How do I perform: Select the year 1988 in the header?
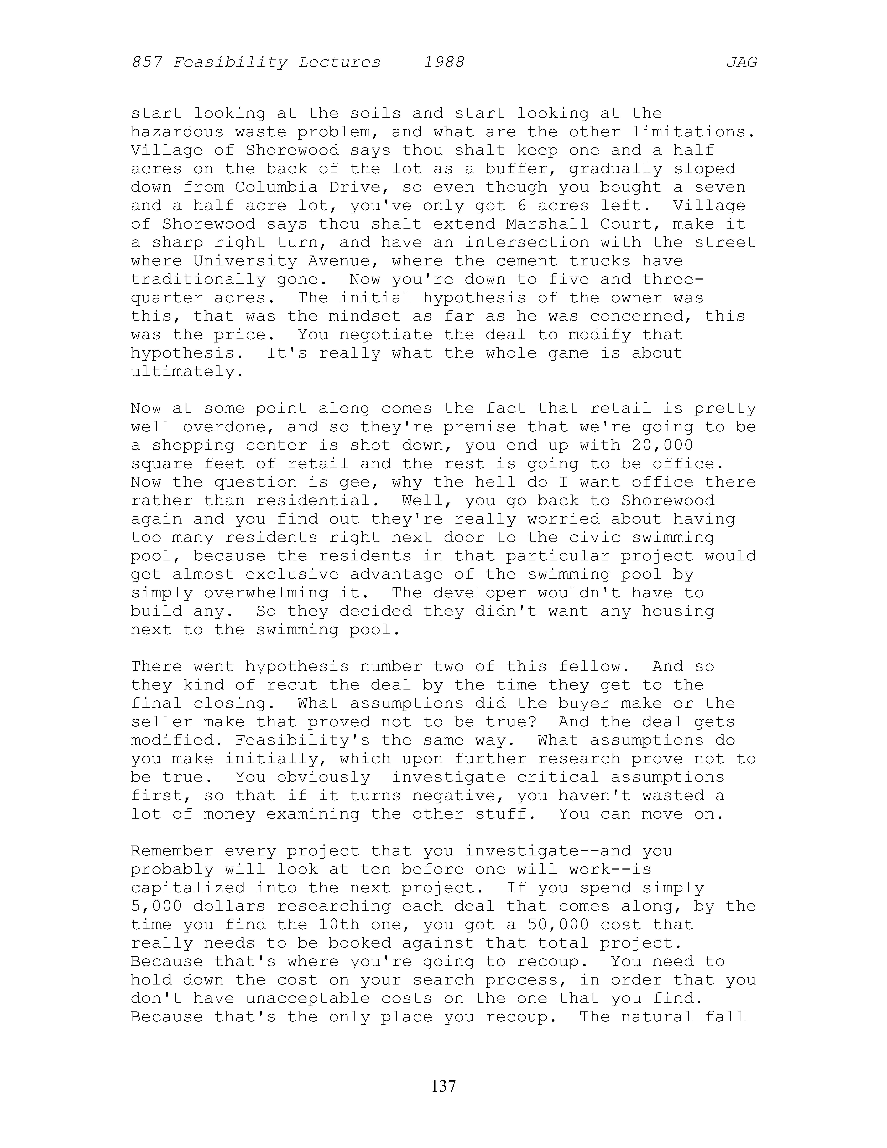[x=444, y=63]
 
